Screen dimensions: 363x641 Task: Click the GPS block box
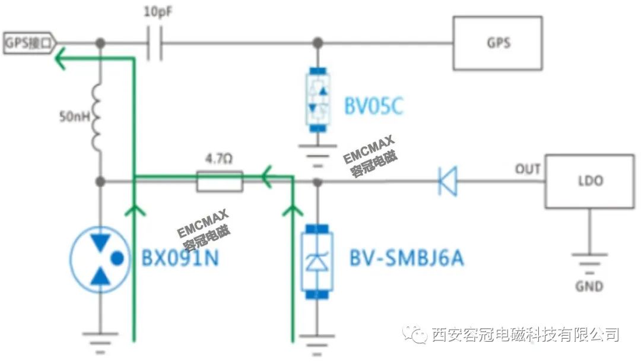[x=497, y=43]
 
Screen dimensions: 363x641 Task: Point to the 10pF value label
[x=158, y=11]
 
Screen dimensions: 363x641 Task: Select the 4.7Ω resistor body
[x=219, y=181]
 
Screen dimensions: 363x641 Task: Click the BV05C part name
[x=374, y=107]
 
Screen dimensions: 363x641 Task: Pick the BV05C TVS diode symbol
[x=319, y=99]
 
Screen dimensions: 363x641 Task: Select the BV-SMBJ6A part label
[x=407, y=259]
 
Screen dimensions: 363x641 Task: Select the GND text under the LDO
[x=589, y=286]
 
